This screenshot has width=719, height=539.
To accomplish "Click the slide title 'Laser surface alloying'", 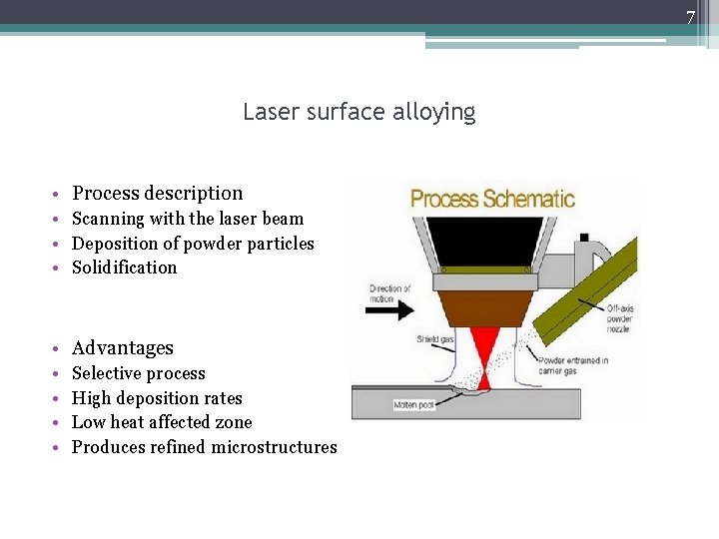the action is (x=359, y=112).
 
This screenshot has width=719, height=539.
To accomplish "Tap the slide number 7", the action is (x=689, y=17).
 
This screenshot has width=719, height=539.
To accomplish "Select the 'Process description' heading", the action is (x=157, y=194).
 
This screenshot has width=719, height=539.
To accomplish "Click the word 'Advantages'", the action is (x=123, y=348).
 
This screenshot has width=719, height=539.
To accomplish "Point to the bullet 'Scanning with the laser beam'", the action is (x=188, y=219).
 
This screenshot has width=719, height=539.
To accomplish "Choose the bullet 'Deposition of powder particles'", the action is (x=193, y=244).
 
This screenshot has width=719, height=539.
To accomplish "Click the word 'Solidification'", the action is (x=124, y=268).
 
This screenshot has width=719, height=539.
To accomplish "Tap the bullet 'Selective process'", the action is (x=139, y=373).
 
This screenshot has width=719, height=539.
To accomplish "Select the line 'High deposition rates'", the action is (x=157, y=398).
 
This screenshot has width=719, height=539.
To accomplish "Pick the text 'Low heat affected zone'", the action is (x=162, y=422).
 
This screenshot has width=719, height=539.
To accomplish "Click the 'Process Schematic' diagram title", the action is (x=493, y=199).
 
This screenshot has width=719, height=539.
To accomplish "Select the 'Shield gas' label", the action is (x=435, y=340).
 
